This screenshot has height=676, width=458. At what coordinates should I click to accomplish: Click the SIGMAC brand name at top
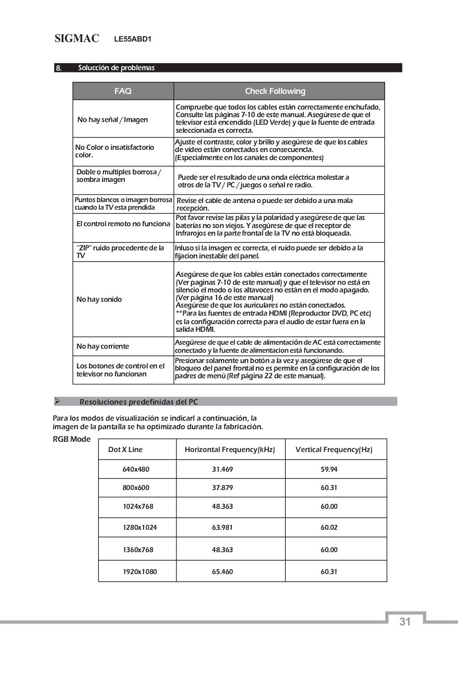[x=76, y=39]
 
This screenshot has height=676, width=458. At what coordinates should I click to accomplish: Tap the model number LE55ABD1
[x=133, y=39]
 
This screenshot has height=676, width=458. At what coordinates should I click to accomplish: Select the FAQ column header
[x=123, y=91]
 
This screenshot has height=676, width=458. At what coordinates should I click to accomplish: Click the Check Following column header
[x=275, y=91]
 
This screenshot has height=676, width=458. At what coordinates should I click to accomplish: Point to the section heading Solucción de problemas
[x=116, y=68]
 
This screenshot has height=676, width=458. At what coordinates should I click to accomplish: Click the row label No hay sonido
[x=99, y=300]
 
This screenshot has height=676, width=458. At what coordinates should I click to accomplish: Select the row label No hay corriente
[x=102, y=346]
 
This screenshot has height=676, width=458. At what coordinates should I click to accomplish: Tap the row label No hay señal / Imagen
[x=112, y=120]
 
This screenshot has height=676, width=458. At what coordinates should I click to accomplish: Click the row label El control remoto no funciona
[x=123, y=224]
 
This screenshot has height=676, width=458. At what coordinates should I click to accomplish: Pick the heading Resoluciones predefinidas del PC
[x=139, y=402]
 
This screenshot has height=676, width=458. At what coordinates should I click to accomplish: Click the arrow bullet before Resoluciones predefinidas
[x=57, y=401]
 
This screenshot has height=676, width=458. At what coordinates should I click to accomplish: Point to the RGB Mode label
[x=72, y=439]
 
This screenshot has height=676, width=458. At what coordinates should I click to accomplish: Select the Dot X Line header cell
[x=125, y=450]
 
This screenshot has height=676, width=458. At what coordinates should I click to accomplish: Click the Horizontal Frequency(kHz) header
[x=230, y=450]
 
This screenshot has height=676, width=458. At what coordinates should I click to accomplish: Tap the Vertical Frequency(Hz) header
[x=334, y=450]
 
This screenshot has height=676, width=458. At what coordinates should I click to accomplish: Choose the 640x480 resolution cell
[x=136, y=469]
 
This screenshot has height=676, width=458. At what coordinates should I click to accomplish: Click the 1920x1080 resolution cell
[x=140, y=572]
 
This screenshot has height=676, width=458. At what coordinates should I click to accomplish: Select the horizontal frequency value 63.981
[x=222, y=528]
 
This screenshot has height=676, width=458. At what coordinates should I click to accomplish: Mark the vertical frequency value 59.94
[x=329, y=469]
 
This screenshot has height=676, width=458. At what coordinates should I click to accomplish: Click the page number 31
[x=405, y=622]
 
